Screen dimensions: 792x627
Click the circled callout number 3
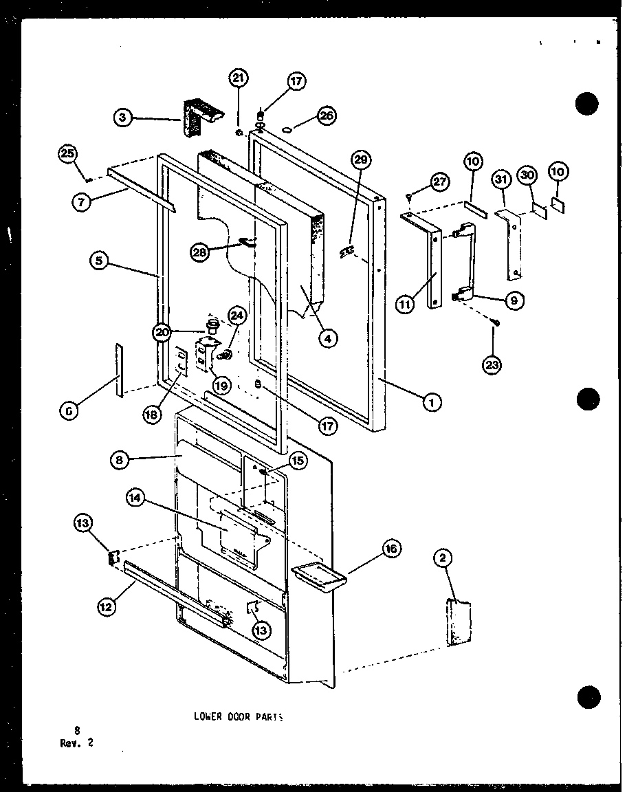[x=122, y=118]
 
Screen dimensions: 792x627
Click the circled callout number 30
[x=527, y=175]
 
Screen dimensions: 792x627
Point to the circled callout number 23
[x=492, y=365]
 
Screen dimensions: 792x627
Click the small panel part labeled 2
[x=459, y=623]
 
